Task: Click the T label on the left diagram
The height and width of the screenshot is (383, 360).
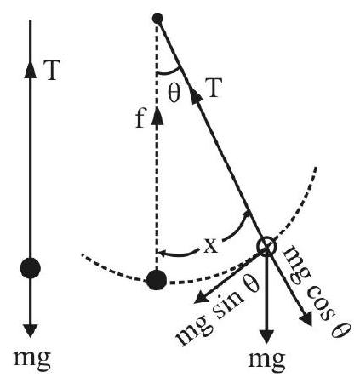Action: [52, 70]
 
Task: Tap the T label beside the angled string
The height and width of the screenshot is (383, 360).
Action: [212, 88]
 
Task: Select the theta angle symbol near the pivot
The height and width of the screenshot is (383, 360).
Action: [174, 94]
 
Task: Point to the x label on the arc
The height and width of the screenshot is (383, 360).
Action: [211, 246]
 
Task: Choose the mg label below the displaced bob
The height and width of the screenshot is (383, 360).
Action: [266, 361]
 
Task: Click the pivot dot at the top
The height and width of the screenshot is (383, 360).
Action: [157, 19]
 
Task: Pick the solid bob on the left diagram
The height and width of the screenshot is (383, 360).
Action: [31, 268]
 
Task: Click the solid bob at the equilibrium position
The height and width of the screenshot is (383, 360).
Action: [157, 280]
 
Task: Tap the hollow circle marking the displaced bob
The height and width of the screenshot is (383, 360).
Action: [266, 247]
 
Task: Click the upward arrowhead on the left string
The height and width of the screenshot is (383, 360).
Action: [31, 69]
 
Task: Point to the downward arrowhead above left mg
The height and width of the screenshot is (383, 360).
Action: [31, 330]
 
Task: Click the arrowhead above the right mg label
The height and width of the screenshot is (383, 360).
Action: [266, 338]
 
